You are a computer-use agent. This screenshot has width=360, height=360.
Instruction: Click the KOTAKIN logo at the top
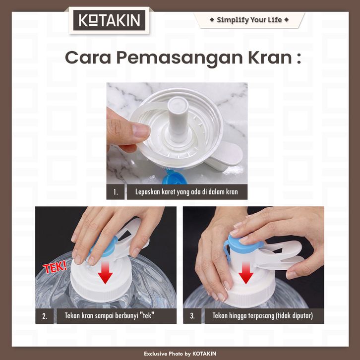click(x=109, y=20)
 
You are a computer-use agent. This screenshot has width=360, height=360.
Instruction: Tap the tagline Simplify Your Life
click(x=249, y=20)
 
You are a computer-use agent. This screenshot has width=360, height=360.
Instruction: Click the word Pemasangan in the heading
click(x=180, y=59)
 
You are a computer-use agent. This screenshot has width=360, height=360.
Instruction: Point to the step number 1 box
click(x=116, y=192)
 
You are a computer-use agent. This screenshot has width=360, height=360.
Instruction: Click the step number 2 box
click(x=45, y=316)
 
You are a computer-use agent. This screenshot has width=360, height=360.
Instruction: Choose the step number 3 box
click(x=192, y=316)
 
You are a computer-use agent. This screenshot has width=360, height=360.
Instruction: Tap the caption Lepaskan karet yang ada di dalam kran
click(x=186, y=192)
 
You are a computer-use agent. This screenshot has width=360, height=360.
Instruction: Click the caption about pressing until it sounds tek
click(x=110, y=316)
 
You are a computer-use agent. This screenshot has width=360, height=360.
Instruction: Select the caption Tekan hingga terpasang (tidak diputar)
click(x=263, y=316)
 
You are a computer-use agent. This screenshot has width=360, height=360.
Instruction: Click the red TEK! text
click(x=55, y=267)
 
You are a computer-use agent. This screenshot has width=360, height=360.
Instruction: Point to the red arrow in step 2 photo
click(x=105, y=273)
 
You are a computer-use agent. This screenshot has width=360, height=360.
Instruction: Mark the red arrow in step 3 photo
click(x=245, y=273)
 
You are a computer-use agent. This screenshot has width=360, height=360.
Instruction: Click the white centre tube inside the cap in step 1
click(x=178, y=120)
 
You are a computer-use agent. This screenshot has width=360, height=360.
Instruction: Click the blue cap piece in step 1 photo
click(x=175, y=177)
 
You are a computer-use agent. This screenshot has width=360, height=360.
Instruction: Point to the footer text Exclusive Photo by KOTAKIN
click(x=180, y=354)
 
